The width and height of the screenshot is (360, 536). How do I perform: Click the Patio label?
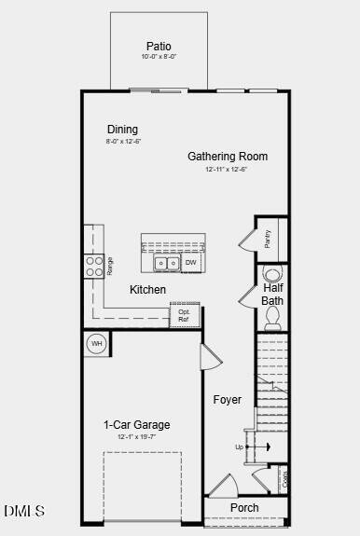pyautogui.click(x=159, y=46)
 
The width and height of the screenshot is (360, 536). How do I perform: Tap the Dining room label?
pyautogui.click(x=122, y=130)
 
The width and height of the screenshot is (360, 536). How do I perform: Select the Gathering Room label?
pyautogui.click(x=228, y=157)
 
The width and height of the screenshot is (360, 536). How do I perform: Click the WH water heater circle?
pyautogui.click(x=95, y=344)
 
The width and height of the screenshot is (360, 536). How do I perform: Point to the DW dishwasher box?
pyautogui.click(x=190, y=264)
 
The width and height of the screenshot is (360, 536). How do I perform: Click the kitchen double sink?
pyautogui.click(x=166, y=264)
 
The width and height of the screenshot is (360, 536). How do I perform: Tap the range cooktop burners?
pyautogui.click(x=94, y=267)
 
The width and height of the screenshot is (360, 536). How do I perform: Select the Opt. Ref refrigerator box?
pyautogui.click(x=185, y=316)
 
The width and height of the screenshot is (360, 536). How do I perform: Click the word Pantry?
pyautogui.click(x=268, y=240)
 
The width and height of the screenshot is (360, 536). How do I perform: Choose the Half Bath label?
pyautogui.click(x=272, y=295)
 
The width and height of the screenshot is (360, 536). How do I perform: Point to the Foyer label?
pyautogui.click(x=227, y=400)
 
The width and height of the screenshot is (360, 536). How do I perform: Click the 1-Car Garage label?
pyautogui.click(x=136, y=425)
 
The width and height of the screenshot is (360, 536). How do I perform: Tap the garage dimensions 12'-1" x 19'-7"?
pyautogui.click(x=136, y=437)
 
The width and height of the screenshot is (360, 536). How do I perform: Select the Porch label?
pyautogui.click(x=244, y=508)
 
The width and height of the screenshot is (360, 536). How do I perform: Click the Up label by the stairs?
pyautogui.click(x=239, y=447)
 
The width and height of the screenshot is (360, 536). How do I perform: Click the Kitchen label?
pyautogui.click(x=147, y=290)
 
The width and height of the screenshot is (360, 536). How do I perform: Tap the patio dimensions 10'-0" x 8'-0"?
pyautogui.click(x=159, y=57)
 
